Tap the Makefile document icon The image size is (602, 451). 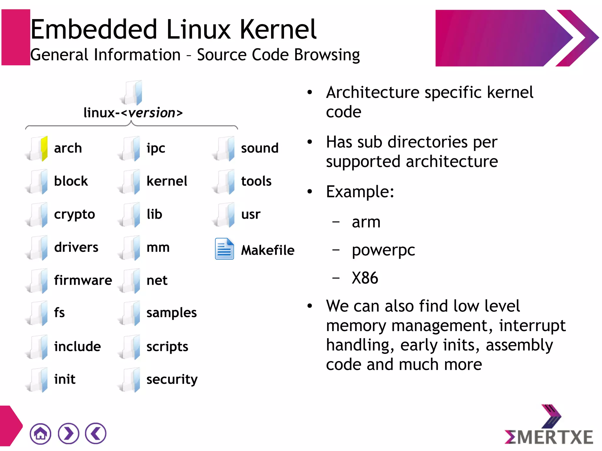click(x=224, y=249)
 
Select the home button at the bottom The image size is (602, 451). click(x=40, y=433)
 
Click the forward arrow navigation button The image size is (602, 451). click(x=68, y=433)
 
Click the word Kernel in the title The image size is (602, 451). click(x=278, y=29)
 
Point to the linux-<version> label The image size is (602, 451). click(x=133, y=113)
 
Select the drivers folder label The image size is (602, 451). click(x=76, y=247)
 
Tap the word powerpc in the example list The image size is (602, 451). click(x=383, y=251)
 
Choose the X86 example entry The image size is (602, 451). click(x=365, y=278)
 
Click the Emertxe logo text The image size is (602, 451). click(x=549, y=437)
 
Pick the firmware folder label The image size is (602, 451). click(x=83, y=280)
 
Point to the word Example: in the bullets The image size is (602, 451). click(x=360, y=192)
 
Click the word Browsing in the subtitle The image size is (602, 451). click(x=327, y=55)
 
